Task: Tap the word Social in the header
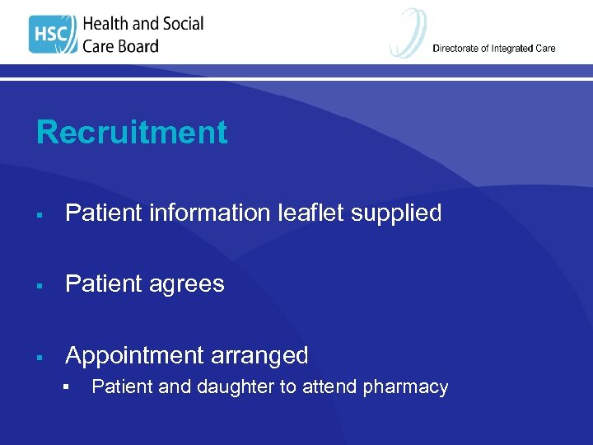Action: click(x=181, y=24)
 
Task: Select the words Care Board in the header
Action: click(x=120, y=46)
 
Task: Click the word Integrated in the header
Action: click(x=513, y=49)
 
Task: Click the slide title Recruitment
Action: click(x=132, y=133)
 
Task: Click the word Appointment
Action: click(x=134, y=356)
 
